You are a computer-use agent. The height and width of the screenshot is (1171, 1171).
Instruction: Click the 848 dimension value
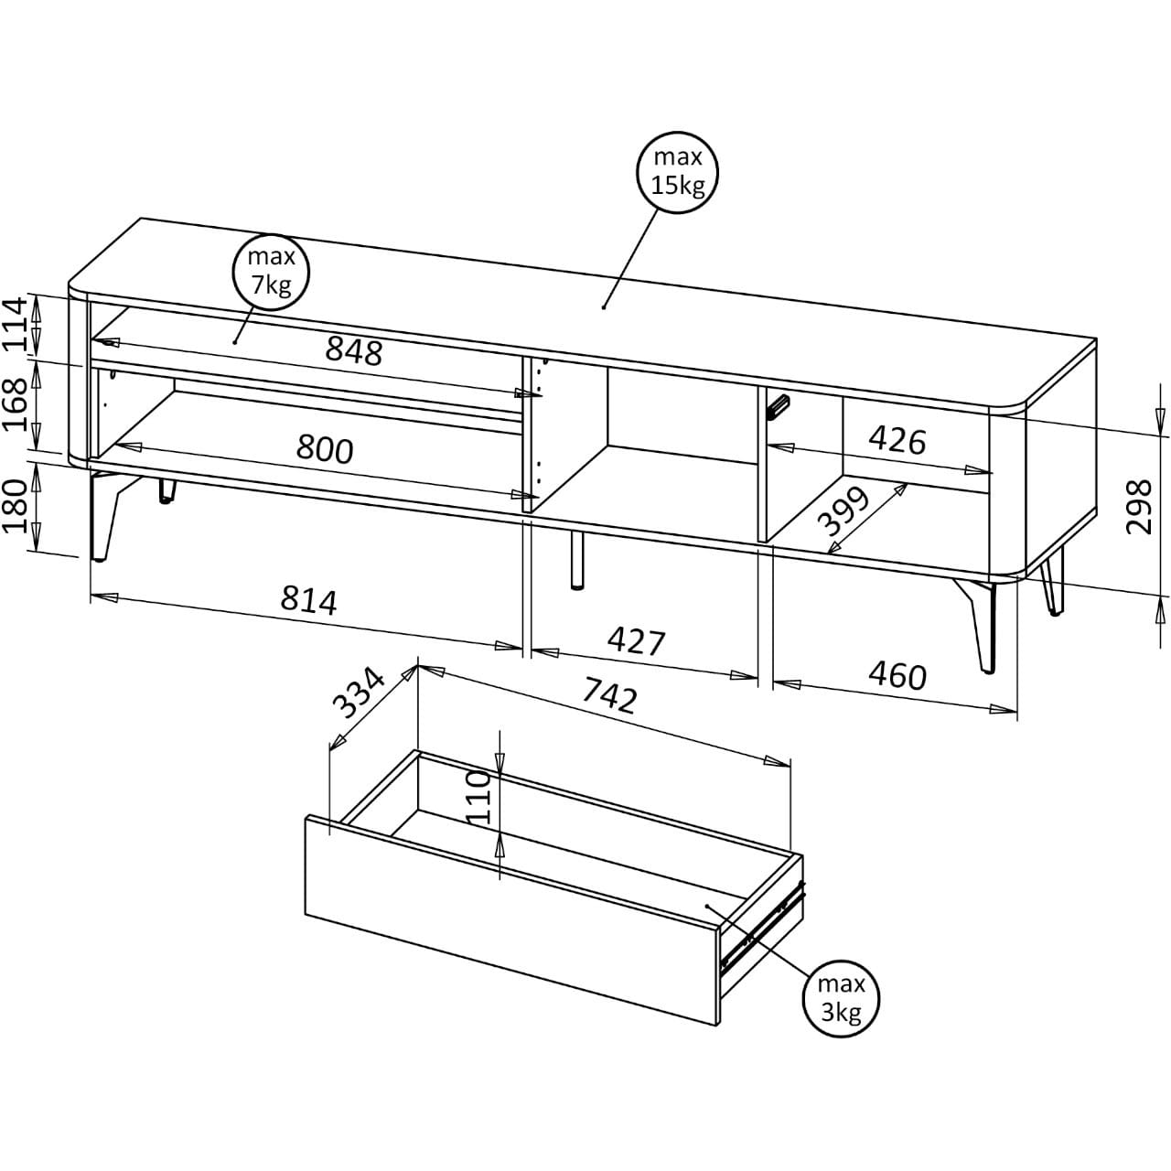(354, 351)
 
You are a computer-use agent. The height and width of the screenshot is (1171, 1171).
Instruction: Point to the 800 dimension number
(325, 449)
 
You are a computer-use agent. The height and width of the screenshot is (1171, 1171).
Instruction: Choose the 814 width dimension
(308, 601)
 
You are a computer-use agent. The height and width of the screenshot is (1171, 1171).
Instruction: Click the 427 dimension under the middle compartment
(637, 641)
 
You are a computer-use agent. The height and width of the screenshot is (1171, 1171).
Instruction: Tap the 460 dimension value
(897, 676)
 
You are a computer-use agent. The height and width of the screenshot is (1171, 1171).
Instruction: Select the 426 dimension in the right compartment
(897, 440)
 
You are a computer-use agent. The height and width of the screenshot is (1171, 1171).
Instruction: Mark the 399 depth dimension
(843, 511)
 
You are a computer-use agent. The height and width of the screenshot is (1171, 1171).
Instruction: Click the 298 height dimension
(1138, 508)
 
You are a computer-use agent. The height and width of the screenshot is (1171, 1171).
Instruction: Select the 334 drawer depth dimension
(360, 693)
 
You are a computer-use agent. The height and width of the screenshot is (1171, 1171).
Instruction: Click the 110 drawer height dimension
(479, 797)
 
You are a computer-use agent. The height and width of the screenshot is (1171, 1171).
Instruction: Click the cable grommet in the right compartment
(778, 406)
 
